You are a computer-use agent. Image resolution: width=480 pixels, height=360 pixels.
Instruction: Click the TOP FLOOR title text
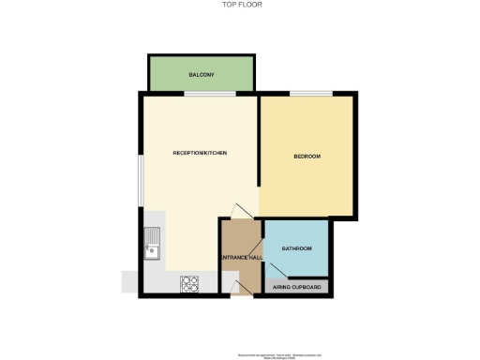(x=240, y=4)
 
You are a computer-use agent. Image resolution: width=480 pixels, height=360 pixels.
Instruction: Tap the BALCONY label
(x=202, y=74)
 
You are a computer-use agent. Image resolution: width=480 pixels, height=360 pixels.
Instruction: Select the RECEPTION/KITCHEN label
(x=200, y=153)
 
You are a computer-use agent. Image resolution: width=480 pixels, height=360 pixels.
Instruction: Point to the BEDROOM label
(x=307, y=156)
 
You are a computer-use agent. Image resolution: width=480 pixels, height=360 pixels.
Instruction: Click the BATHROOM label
(x=296, y=248)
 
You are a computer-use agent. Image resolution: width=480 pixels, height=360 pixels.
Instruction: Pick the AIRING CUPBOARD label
(x=297, y=287)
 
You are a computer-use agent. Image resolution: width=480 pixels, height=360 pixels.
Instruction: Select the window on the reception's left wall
(x=141, y=178)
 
